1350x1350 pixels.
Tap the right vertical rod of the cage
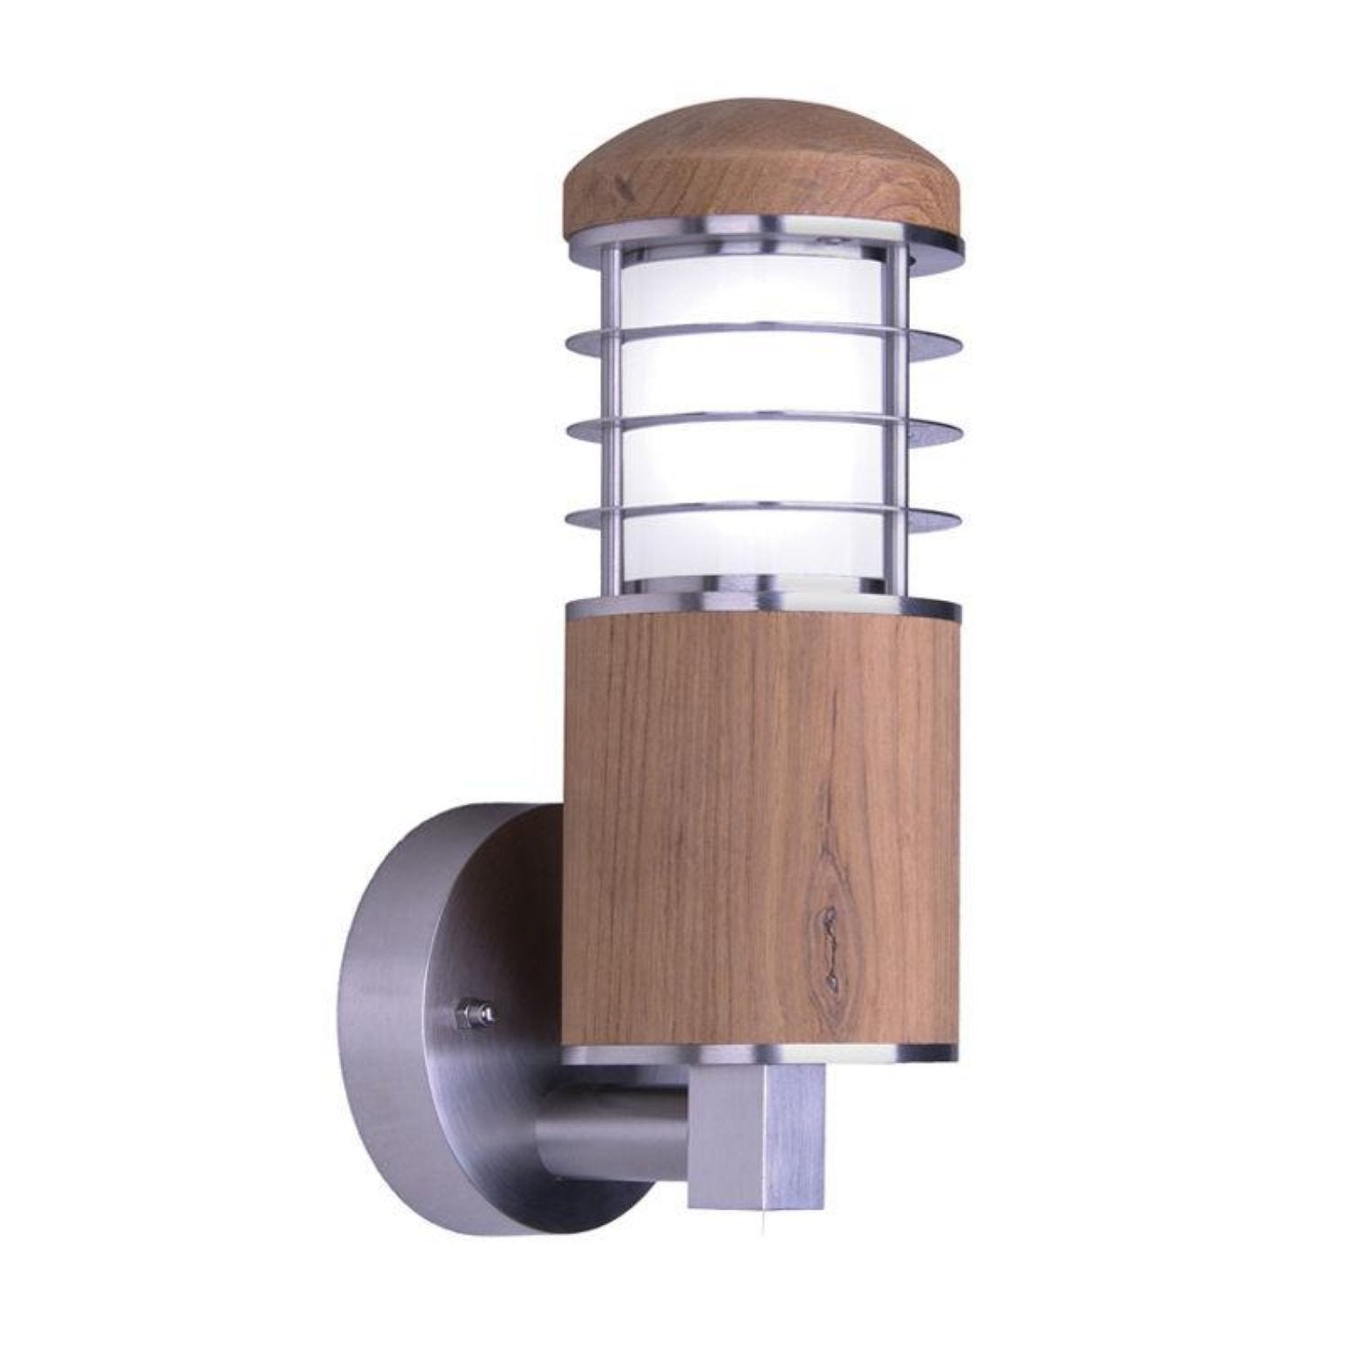coord(900,423)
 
